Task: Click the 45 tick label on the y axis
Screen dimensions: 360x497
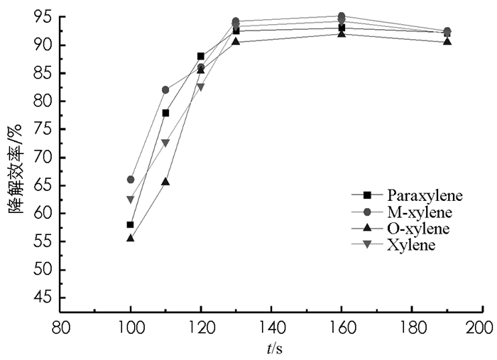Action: [x=46, y=298]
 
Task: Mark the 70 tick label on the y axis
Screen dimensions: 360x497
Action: [x=46, y=158]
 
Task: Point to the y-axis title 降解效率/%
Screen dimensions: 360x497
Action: [x=16, y=164]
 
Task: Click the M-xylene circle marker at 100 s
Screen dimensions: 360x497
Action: [x=131, y=180]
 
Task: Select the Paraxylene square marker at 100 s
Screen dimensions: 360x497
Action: [x=131, y=224]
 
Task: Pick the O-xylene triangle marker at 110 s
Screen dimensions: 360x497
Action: [x=165, y=182]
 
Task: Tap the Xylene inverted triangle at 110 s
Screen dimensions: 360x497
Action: [x=165, y=143]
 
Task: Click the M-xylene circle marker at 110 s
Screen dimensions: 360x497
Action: [x=165, y=90]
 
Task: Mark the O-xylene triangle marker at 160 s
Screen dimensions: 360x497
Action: [x=342, y=33]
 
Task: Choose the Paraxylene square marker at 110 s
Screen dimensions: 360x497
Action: [x=165, y=113]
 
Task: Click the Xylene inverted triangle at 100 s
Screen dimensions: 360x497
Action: [x=131, y=200]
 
